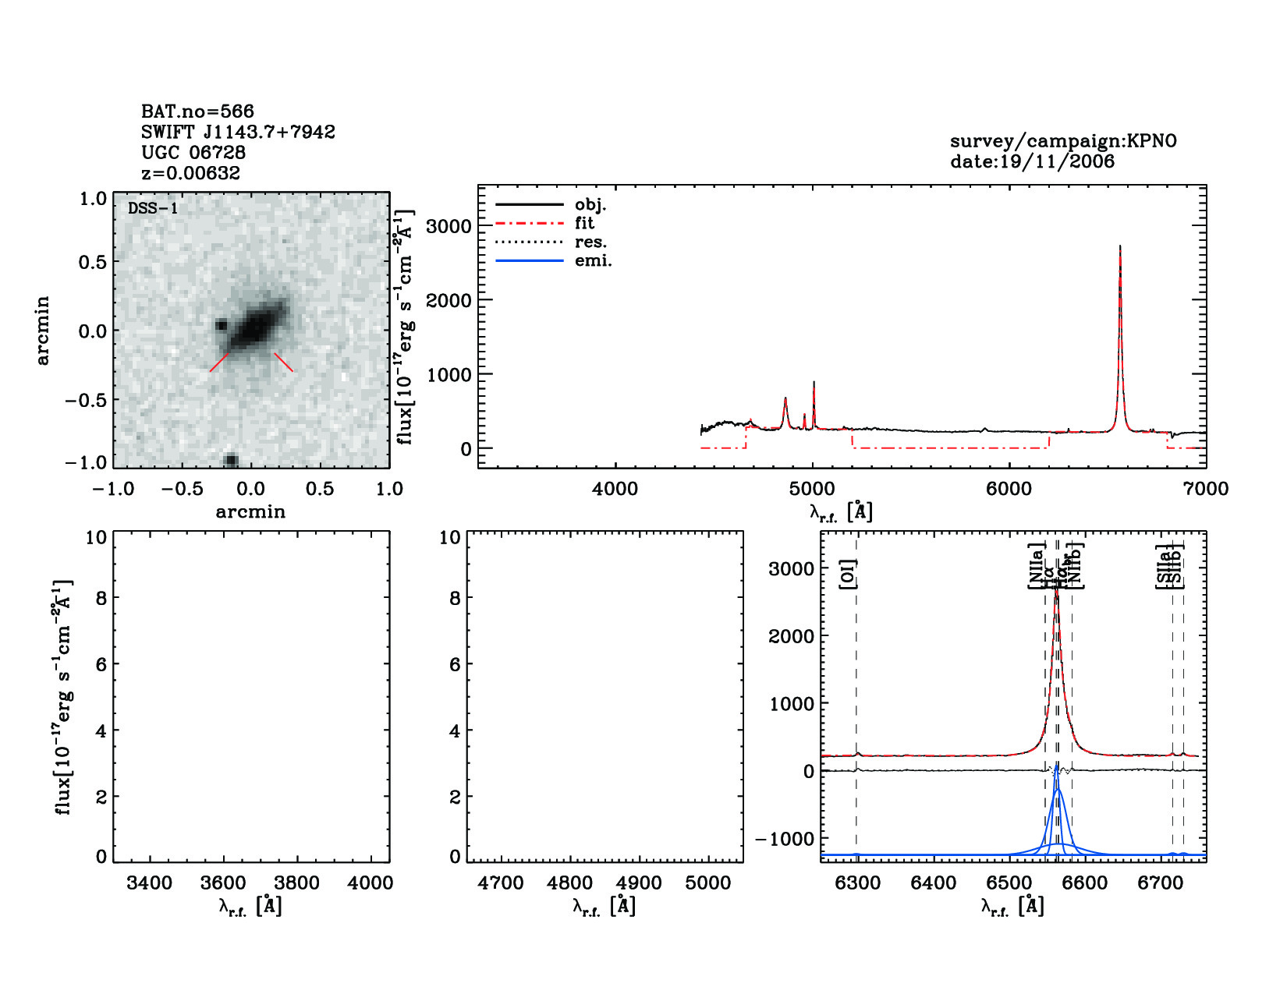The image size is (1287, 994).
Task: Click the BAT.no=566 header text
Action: click(x=197, y=111)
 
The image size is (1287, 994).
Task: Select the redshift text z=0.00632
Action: click(x=190, y=173)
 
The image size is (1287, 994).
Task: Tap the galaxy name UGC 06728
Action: click(x=193, y=153)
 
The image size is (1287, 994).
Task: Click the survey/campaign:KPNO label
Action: click(x=1063, y=141)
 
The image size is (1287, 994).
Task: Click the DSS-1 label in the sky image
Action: click(x=153, y=208)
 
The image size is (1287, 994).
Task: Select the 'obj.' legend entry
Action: click(x=590, y=205)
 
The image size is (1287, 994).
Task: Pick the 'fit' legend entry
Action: click(x=584, y=224)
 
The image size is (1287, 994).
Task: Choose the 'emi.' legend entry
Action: click(x=593, y=261)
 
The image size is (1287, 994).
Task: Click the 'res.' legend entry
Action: click(x=590, y=242)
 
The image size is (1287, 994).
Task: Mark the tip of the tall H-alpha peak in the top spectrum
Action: click(x=1120, y=246)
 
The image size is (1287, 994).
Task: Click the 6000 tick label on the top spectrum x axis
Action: click(x=1009, y=489)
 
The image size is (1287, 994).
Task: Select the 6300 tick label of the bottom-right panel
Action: click(x=857, y=883)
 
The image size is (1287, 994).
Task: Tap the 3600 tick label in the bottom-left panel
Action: click(x=223, y=883)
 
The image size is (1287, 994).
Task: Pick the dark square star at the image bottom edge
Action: click(x=231, y=461)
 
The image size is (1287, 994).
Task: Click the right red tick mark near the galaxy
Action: click(x=283, y=362)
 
